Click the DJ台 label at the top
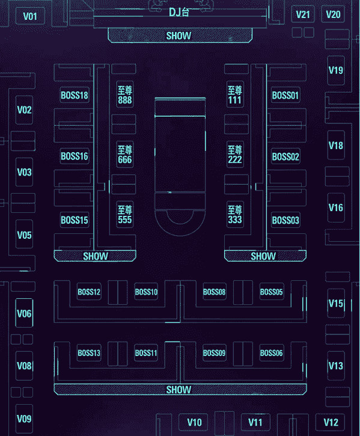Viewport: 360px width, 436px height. [179, 12]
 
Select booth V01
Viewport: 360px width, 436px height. [30, 16]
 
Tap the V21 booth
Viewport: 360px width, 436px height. [303, 14]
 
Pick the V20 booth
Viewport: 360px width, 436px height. [333, 14]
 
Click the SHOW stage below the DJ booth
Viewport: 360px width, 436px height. [180, 35]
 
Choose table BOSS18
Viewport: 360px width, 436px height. [75, 95]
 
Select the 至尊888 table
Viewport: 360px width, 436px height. [125, 94]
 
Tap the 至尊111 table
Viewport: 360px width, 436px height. [235, 94]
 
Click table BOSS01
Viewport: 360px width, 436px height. [285, 95]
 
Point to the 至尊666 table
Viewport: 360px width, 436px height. [125, 155]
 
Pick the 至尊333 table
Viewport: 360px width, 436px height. [235, 214]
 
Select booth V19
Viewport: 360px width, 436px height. [336, 70]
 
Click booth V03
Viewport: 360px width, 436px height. [24, 172]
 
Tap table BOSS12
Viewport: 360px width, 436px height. [89, 292]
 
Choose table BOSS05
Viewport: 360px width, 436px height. [271, 292]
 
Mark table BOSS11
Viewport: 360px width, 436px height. [146, 353]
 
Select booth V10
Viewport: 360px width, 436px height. [194, 422]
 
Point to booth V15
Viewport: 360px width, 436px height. [336, 303]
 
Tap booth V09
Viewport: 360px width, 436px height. [24, 419]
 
